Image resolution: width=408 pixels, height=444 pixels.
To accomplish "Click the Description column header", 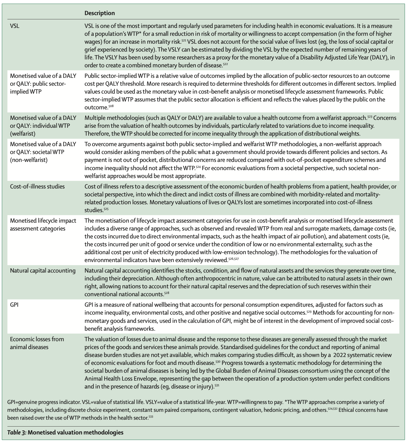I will click(99, 13).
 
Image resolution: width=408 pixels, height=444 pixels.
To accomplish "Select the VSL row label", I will click(15, 26).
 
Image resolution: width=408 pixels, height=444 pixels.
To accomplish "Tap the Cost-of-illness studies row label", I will click(37, 187).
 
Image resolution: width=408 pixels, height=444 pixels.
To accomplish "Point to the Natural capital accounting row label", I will click(42, 271).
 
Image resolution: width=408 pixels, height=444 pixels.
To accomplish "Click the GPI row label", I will click(14, 305).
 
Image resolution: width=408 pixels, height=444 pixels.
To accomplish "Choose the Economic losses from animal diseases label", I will click(37, 343).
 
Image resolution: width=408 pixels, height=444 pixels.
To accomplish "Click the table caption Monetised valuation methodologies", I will click(75, 432).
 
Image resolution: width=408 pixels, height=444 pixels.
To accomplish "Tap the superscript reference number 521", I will click(184, 40).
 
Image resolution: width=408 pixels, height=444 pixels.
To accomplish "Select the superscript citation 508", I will click(111, 106).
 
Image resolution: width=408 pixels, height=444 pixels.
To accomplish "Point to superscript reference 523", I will click(370, 116).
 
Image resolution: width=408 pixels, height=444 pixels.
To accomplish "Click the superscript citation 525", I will click(106, 209).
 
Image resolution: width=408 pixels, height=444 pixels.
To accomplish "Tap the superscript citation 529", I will click(308, 311).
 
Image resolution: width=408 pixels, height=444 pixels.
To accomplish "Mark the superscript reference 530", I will click(218, 361).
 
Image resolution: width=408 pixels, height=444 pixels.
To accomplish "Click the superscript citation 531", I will click(217, 385).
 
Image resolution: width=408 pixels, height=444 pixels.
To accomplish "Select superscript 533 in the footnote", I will click(151, 416).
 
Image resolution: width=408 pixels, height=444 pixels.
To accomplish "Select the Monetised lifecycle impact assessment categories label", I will click(43, 225).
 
